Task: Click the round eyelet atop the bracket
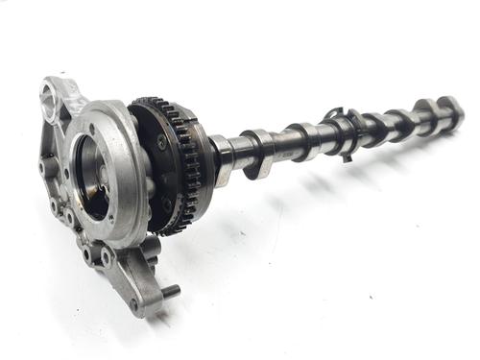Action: click(50, 92)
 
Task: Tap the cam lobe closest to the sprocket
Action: click(256, 154)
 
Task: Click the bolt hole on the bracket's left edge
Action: click(44, 169)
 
